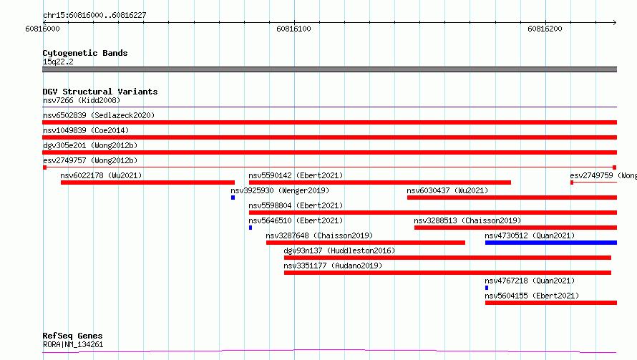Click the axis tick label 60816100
coord(293,29)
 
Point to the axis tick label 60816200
coord(545,29)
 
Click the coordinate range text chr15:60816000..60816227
coord(94,16)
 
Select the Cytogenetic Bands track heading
coord(85,53)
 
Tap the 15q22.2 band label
coord(58,62)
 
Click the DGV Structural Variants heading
coord(100,92)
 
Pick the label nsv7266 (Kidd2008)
coord(82,100)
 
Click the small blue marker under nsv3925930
coord(233,198)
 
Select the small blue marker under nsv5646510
coord(251,228)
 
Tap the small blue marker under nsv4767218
coord(487,288)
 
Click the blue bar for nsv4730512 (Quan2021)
coord(551,243)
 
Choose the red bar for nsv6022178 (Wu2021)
coord(147,183)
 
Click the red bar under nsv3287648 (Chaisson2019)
coord(366,243)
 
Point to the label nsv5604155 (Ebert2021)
coord(532,296)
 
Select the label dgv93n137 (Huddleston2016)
coord(339,250)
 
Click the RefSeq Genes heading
coord(72,336)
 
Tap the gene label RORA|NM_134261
coord(73,344)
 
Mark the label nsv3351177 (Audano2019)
coord(333,266)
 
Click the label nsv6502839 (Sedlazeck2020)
coord(99,115)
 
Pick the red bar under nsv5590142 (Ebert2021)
coord(380,183)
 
